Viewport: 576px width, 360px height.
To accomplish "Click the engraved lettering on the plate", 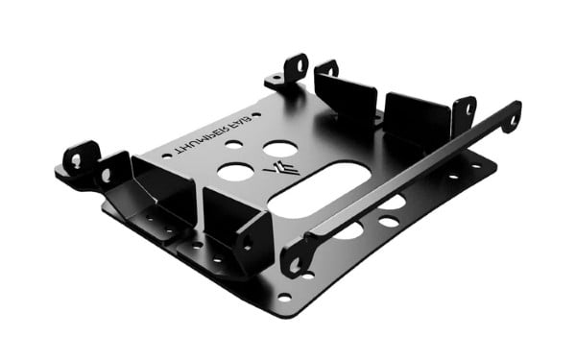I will coord(207,133).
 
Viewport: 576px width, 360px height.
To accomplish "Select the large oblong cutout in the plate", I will coord(321,187).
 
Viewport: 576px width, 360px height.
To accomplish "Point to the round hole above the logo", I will coord(279,149).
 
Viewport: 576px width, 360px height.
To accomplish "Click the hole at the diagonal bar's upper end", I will coord(512,119).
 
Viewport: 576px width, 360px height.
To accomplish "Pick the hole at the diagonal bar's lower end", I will coord(296,262).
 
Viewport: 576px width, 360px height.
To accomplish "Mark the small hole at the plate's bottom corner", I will coord(284,298).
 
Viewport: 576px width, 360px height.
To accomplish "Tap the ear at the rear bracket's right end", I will coord(465,110).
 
